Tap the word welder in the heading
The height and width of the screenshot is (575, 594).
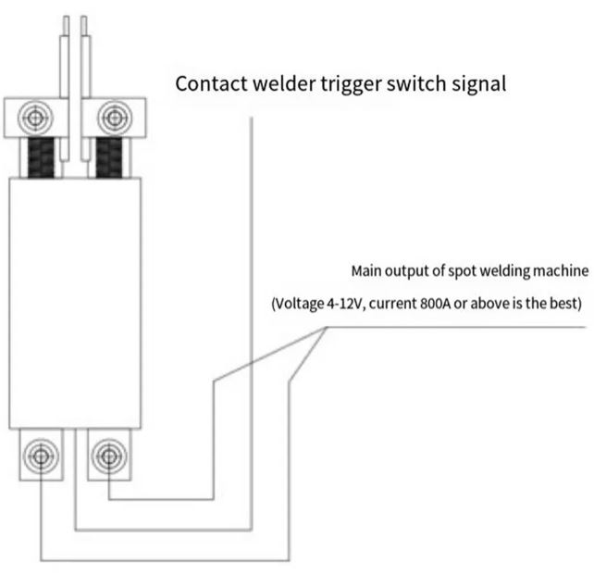coord(283,83)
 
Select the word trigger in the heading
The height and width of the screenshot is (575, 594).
coord(354,84)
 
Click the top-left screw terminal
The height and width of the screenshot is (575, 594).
coord(35,118)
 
